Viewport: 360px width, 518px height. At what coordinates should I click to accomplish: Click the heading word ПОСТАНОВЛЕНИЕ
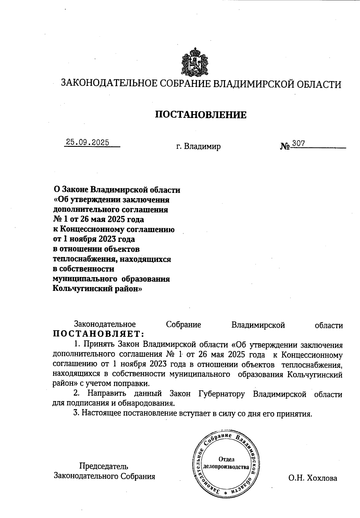coord(201,115)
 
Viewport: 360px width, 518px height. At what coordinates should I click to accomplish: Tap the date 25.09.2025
coord(88,142)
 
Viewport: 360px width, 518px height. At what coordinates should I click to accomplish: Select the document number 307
coord(298,144)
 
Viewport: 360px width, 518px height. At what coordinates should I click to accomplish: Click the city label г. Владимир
coord(198,147)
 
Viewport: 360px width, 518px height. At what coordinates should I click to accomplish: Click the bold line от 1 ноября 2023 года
coord(94,239)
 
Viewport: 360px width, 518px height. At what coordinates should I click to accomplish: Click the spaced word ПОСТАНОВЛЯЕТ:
coord(99,334)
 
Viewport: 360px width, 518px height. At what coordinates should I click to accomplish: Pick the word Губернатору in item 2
coord(222,394)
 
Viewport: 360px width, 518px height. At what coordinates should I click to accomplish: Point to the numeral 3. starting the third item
coord(76,413)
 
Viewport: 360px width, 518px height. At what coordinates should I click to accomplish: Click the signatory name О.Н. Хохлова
coord(313,478)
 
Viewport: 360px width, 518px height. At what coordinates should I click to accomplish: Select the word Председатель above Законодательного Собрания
coord(104,466)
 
